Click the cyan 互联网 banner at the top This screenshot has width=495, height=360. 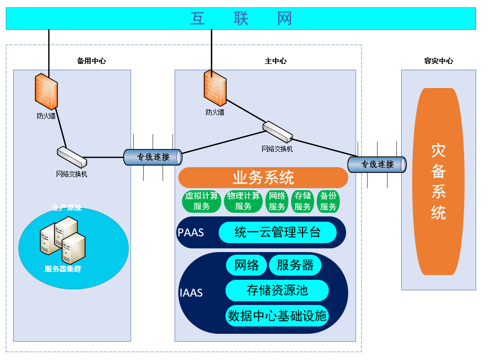tap(241, 18)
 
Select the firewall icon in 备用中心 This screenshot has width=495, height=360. tap(46, 92)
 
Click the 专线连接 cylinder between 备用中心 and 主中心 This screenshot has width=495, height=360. tap(153, 157)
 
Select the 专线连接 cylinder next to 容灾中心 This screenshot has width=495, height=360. tap(377, 164)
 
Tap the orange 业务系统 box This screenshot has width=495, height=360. tap(263, 178)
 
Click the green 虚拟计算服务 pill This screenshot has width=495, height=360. tap(201, 201)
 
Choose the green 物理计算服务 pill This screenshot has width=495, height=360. tap(243, 201)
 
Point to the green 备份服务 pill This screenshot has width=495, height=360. tap(329, 201)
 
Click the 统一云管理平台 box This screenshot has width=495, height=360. tap(277, 232)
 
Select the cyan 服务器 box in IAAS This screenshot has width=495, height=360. tap(295, 265)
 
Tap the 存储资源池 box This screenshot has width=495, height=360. tap(277, 290)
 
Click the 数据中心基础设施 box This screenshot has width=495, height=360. tap(277, 315)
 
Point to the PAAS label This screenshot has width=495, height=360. tap(191, 232)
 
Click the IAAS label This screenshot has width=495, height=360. tap(191, 292)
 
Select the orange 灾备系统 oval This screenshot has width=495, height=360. tap(438, 181)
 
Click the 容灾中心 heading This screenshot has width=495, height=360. tap(438, 61)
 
